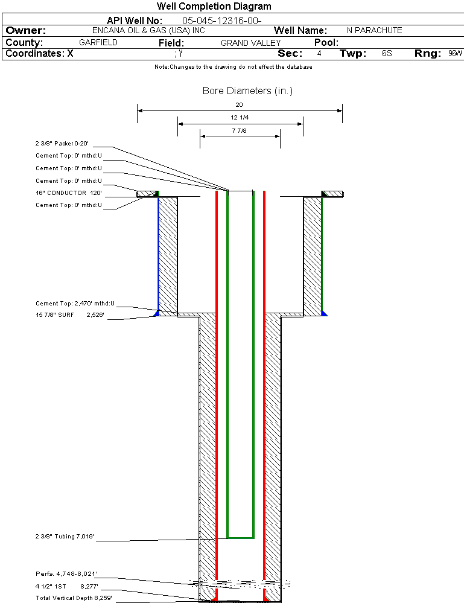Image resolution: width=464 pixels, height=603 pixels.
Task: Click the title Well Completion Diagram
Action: click(214, 7)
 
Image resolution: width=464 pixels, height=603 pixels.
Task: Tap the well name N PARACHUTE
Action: click(374, 31)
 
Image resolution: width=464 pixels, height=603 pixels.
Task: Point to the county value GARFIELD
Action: click(98, 43)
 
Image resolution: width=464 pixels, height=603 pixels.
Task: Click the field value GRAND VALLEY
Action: click(250, 43)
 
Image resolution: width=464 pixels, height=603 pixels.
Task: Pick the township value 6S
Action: click(387, 54)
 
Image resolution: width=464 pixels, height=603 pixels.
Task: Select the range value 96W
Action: click(455, 54)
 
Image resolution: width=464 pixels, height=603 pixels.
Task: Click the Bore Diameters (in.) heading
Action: click(247, 91)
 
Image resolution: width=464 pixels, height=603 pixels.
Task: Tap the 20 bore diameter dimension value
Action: click(240, 104)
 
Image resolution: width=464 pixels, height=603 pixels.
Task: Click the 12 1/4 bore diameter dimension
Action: click(240, 117)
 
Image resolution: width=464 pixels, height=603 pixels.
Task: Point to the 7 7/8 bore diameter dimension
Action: click(240, 130)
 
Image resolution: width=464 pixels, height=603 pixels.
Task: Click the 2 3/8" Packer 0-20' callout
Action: click(62, 144)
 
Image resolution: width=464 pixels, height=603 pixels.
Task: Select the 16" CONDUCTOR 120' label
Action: click(68, 193)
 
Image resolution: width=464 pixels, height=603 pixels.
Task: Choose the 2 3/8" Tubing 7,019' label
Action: click(65, 536)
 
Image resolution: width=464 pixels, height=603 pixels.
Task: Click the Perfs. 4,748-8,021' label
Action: click(66, 573)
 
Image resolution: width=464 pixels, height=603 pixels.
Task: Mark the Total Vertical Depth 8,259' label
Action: click(74, 598)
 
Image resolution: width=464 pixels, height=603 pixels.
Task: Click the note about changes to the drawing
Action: click(234, 67)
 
